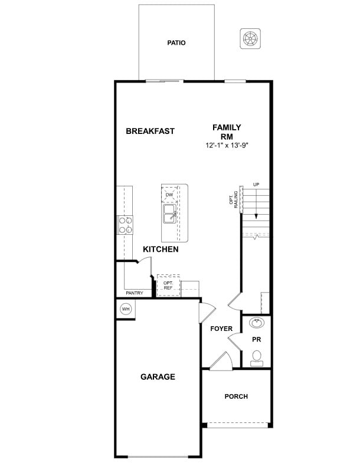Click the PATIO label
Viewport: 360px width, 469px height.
176,42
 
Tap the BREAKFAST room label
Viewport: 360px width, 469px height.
150,131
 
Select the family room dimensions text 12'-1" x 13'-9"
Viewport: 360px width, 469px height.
227,145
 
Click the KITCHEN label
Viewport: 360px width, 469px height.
161,250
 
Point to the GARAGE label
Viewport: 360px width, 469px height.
158,376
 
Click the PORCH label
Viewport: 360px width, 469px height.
236,396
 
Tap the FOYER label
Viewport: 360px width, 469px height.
221,329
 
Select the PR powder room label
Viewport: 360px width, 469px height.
256,340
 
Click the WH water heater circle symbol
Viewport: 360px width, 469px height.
126,309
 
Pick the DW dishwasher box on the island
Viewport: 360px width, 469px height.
169,195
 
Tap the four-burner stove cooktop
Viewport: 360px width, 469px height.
125,225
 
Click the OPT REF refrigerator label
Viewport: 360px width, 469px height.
168,286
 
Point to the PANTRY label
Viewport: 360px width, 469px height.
134,293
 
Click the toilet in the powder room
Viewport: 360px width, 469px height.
257,358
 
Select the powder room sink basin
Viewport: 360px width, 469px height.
257,323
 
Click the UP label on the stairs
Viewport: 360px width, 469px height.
256,185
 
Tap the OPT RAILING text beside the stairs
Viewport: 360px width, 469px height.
233,201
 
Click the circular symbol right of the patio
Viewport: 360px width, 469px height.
250,39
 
